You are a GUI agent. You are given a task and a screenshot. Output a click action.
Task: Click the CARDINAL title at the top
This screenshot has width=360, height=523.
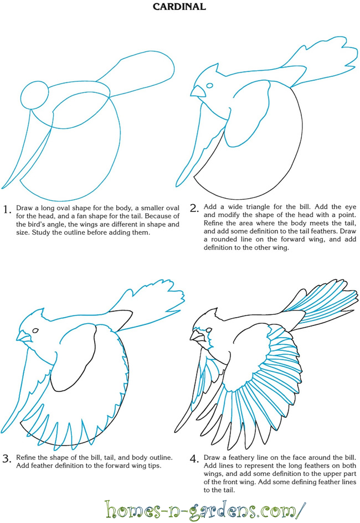(x=179, y=6)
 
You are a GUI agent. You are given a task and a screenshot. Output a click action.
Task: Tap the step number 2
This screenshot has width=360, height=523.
(x=194, y=208)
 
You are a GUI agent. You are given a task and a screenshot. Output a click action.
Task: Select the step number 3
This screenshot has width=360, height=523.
(x=7, y=459)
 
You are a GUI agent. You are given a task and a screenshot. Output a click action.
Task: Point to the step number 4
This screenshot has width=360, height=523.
(x=194, y=459)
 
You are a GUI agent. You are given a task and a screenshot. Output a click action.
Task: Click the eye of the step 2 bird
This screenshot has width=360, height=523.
(x=209, y=85)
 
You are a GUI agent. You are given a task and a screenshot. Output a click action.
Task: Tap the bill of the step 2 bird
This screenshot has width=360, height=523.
(x=198, y=91)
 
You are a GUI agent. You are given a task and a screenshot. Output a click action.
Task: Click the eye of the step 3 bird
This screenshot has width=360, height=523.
(x=35, y=330)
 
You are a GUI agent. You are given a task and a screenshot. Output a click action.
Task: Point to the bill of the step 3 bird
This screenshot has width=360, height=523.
(x=23, y=336)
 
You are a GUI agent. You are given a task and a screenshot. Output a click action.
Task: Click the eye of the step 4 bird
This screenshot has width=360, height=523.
(x=209, y=330)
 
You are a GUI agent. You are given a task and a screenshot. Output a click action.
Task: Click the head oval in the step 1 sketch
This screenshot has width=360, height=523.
(x=35, y=95)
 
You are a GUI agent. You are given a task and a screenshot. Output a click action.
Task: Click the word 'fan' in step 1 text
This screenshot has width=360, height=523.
(x=82, y=216)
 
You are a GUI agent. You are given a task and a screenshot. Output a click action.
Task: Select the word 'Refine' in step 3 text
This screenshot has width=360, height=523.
(x=26, y=457)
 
